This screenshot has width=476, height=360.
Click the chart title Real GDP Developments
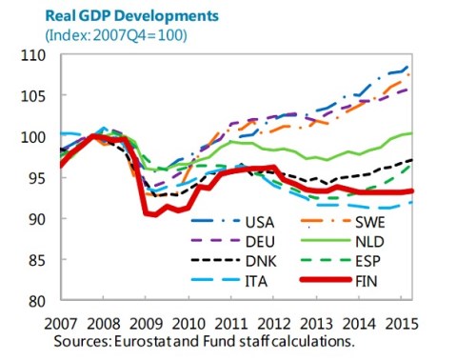(x=132, y=16)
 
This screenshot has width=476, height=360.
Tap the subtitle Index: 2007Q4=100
(x=116, y=35)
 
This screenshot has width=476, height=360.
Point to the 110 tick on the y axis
(x=33, y=55)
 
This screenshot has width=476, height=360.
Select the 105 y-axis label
(x=33, y=96)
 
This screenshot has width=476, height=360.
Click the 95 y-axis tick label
(x=37, y=178)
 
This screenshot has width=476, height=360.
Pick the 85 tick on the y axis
(x=37, y=260)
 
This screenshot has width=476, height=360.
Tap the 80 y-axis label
(x=37, y=301)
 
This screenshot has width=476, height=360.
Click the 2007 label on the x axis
(x=60, y=324)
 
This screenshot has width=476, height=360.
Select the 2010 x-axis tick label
(x=188, y=324)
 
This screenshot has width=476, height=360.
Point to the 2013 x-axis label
(x=316, y=324)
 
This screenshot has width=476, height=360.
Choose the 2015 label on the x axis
(x=402, y=324)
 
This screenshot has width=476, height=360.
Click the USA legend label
(x=260, y=222)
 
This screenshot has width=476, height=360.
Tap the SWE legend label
(x=370, y=222)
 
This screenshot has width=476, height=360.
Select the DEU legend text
(x=260, y=242)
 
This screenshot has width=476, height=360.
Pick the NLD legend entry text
(x=369, y=242)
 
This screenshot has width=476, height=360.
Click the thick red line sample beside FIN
(x=326, y=280)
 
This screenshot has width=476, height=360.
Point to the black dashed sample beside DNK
(x=215, y=260)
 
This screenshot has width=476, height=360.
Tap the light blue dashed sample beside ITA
(x=215, y=280)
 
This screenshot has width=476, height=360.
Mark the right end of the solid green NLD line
(x=412, y=133)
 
